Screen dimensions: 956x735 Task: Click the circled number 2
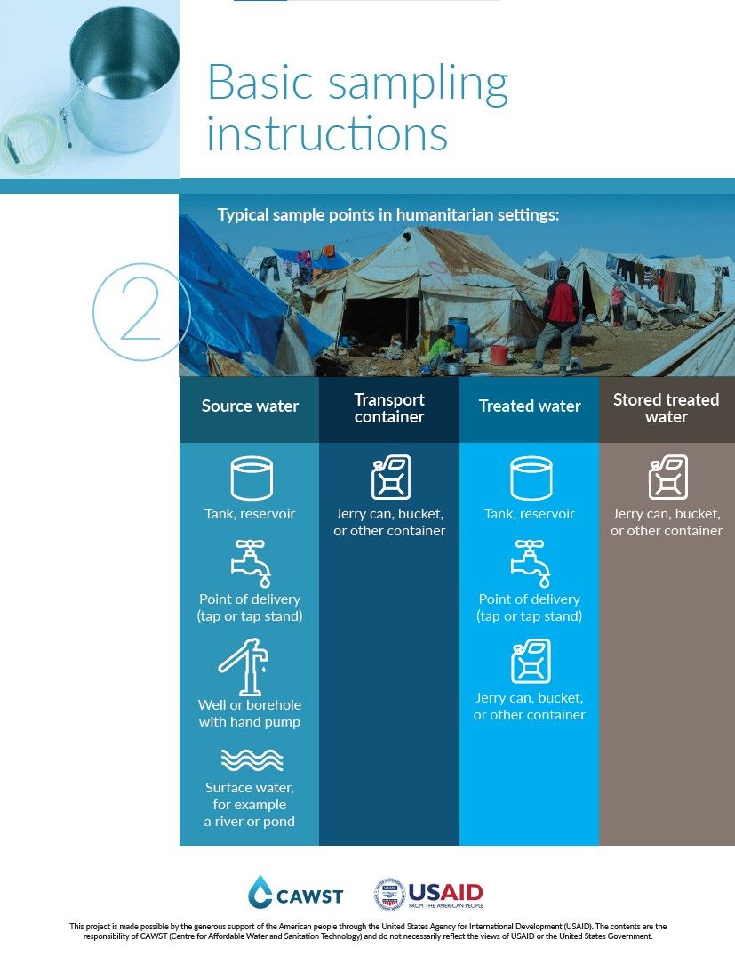[139, 312]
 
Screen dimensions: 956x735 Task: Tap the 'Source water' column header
[250, 406]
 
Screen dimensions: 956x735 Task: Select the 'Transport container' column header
[389, 408]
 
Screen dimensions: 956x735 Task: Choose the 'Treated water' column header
[530, 406]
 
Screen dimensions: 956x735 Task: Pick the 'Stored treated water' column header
[667, 408]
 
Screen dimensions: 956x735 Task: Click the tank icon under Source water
[251, 478]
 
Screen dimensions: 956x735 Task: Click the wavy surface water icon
[251, 760]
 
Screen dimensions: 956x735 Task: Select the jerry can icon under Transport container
[390, 478]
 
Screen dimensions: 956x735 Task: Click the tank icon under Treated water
[531, 478]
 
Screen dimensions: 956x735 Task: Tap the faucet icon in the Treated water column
[530, 562]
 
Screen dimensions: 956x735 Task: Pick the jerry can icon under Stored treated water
[667, 478]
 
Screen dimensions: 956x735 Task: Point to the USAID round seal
[389, 894]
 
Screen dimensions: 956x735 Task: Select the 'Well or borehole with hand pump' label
[250, 713]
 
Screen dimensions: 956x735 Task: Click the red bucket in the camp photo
[499, 355]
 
